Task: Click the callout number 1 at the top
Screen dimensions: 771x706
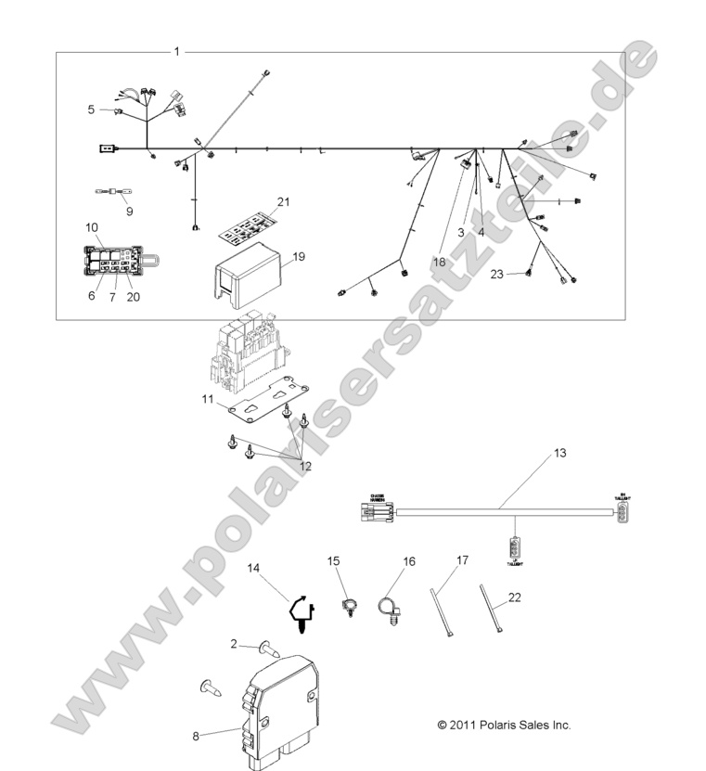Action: [176, 51]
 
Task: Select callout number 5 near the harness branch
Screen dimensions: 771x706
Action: [92, 109]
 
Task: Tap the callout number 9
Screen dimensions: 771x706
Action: [129, 211]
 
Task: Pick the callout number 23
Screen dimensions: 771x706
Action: [496, 274]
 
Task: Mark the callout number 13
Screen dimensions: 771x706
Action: [558, 453]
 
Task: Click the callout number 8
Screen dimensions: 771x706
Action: [196, 736]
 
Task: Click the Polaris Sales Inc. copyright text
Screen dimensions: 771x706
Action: [504, 725]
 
